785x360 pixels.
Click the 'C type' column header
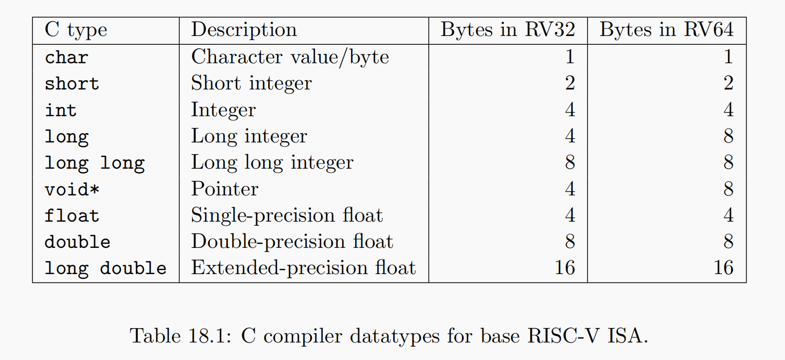coord(76,30)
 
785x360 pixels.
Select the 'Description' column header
coord(244,30)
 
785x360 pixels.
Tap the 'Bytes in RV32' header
coord(507,30)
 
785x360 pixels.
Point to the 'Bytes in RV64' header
coord(666,30)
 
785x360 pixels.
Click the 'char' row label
coord(66,57)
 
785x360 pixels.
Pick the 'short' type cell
coord(72,84)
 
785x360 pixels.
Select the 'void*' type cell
coord(72,190)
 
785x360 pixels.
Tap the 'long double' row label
coord(105,268)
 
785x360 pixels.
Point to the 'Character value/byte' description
coord(290,57)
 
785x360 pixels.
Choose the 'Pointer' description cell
coord(224,189)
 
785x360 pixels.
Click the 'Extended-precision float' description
coord(303,268)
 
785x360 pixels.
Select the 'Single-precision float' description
coord(287,215)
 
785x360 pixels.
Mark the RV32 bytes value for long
coord(569,137)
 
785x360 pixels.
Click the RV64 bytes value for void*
coord(728,189)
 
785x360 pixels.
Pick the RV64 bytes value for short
coord(728,83)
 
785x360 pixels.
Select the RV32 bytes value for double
coord(569,242)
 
